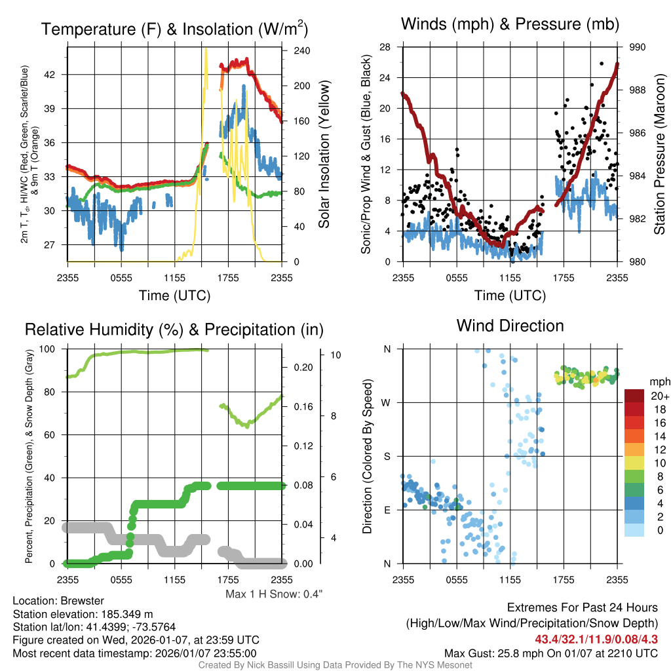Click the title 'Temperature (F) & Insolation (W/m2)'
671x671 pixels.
click(x=174, y=29)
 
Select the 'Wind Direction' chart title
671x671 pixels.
click(x=510, y=326)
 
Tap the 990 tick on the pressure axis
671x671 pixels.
click(x=638, y=47)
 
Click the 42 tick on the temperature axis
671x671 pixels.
click(x=58, y=75)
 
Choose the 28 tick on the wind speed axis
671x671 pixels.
click(x=385, y=47)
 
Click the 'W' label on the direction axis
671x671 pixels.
click(x=387, y=402)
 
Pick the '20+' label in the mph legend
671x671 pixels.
click(x=659, y=396)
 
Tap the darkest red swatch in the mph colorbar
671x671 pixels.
click(x=634, y=396)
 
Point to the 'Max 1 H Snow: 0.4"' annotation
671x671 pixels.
click(x=274, y=594)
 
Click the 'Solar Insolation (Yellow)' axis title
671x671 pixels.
click(x=324, y=154)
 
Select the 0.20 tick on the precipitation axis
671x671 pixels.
click(x=303, y=368)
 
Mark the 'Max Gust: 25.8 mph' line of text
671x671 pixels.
click(x=550, y=653)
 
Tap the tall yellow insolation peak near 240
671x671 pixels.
click(x=206, y=50)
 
